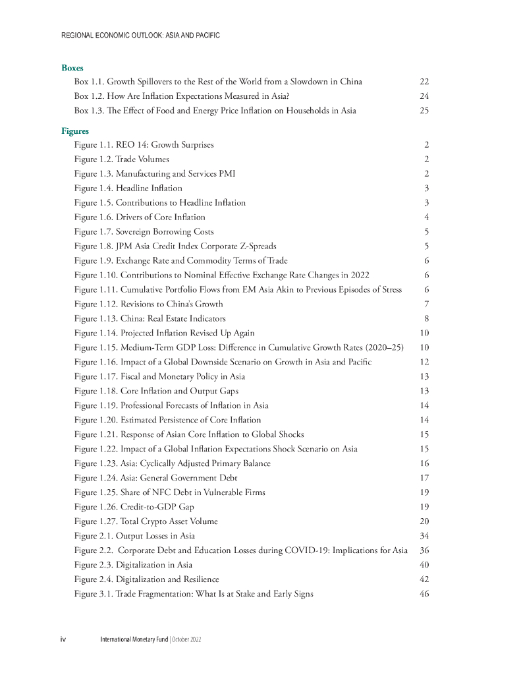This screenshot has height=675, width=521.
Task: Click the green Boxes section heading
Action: click(x=72, y=68)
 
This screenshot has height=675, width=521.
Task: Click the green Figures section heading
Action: click(x=74, y=131)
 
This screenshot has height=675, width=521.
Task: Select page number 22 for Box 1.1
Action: click(x=424, y=82)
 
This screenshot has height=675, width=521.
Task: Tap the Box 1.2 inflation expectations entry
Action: click(x=178, y=96)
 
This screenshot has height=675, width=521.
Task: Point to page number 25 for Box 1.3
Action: click(x=424, y=111)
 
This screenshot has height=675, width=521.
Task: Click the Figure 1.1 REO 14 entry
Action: click(x=144, y=145)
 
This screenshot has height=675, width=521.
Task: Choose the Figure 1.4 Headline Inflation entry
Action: click(x=128, y=189)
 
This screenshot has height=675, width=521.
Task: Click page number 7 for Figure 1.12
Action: click(x=427, y=305)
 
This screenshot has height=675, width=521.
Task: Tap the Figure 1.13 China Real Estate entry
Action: click(x=150, y=319)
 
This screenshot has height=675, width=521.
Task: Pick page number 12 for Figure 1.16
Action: click(x=424, y=363)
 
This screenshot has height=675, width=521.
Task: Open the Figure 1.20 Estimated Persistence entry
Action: click(x=167, y=421)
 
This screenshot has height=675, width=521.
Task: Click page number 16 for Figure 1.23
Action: click(x=424, y=464)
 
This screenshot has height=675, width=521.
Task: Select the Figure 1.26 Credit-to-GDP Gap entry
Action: click(x=134, y=508)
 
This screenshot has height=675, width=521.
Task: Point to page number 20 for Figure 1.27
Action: click(x=424, y=522)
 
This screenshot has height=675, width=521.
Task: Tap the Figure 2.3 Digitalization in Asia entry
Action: click(x=134, y=566)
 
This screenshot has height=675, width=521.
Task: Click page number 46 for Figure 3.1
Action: click(x=424, y=595)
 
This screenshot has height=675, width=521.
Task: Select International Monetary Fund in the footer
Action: click(x=134, y=640)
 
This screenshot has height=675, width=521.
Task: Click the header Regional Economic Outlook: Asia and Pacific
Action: click(x=140, y=36)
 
